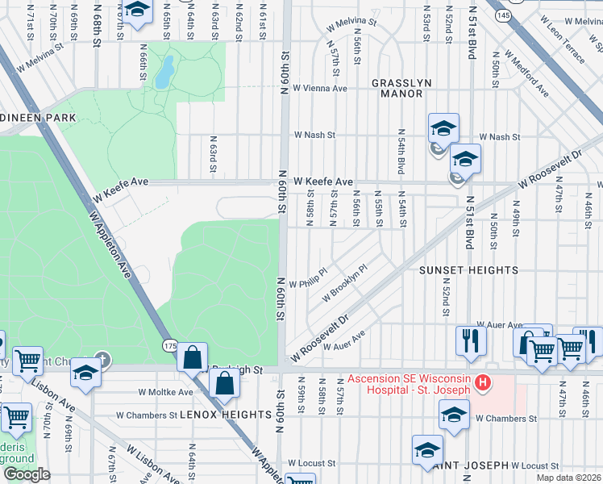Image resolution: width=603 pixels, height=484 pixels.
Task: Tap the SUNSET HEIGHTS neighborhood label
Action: click(468, 270)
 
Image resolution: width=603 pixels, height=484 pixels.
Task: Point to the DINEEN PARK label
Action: click(38, 118)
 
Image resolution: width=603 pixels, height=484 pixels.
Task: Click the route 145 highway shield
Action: click(504, 15)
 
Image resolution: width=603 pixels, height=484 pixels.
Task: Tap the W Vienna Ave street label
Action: click(319, 88)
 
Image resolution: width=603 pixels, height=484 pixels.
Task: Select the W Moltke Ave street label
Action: click(166, 392)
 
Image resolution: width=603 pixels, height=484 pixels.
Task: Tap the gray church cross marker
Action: click(101, 358)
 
